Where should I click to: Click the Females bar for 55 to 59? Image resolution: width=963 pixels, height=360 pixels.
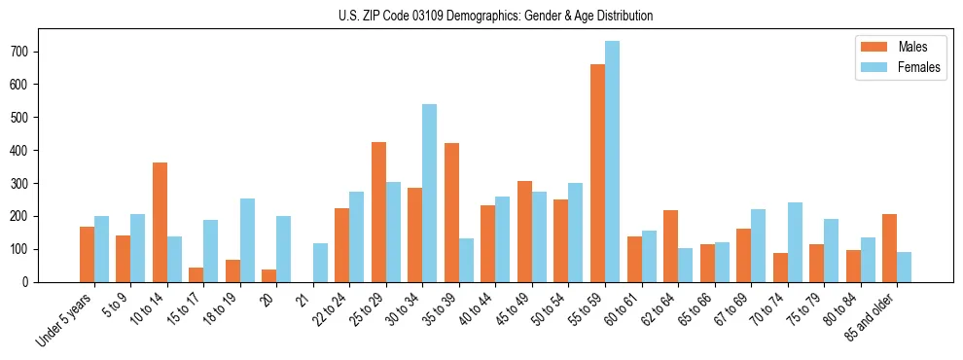(612, 162)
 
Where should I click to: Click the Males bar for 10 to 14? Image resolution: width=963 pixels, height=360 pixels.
(160, 222)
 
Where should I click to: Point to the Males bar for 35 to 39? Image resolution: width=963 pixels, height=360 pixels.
(451, 212)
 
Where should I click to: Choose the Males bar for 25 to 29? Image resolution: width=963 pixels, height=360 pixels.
(378, 212)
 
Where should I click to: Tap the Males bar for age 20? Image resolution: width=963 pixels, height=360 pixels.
(269, 275)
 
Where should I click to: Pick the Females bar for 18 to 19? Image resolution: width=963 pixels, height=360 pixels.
(247, 240)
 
